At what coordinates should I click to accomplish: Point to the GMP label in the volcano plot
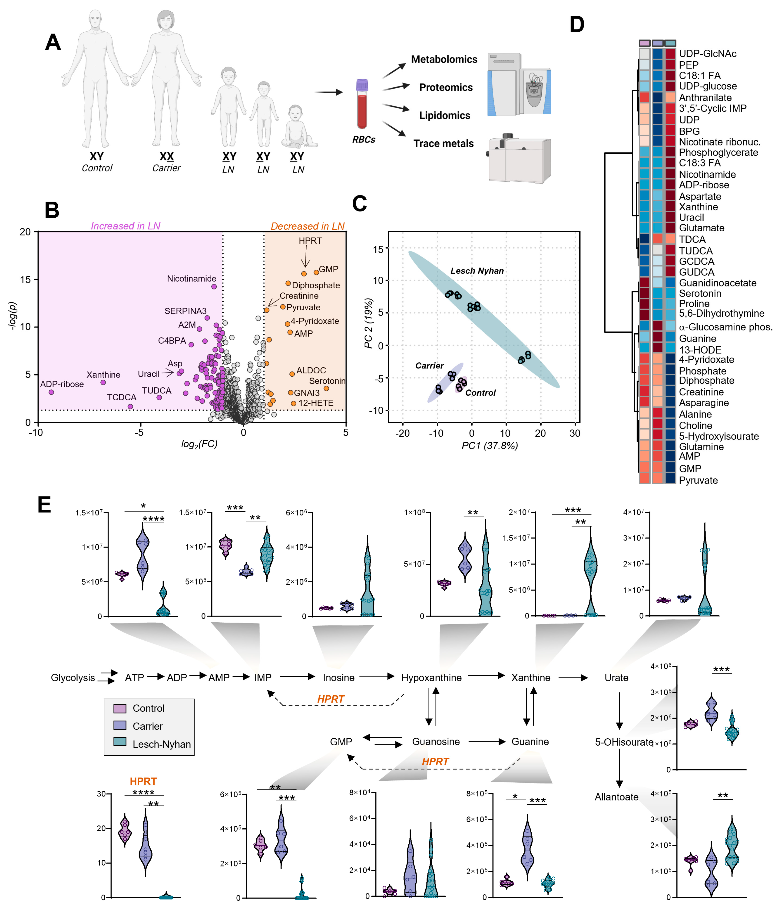tap(328, 269)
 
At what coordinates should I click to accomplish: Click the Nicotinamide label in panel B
tap(192, 279)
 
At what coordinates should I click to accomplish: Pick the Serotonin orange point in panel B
tap(326, 388)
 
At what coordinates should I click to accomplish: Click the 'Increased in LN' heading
tap(126, 226)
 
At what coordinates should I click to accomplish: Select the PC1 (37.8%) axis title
tap(490, 446)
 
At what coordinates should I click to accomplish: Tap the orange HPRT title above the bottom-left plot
tap(143, 781)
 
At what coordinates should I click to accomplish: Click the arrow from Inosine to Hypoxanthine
tap(377, 677)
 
